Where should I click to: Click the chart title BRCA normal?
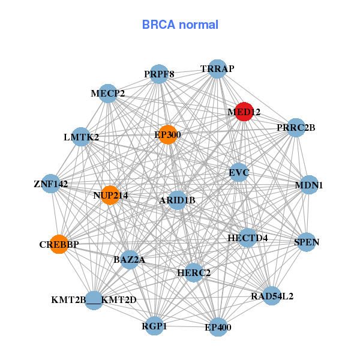pyautogui.click(x=180, y=25)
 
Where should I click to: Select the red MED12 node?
pyautogui.click(x=244, y=112)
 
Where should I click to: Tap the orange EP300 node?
pyautogui.click(x=168, y=134)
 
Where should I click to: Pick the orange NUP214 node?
pyautogui.click(x=110, y=195)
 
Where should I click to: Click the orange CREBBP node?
pyautogui.click(x=59, y=244)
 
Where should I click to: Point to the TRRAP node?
pyautogui.click(x=217, y=69)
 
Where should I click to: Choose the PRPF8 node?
pyautogui.click(x=159, y=74)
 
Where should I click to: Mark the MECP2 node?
pyautogui.click(x=108, y=94)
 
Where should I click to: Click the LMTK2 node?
pyautogui.click(x=81, y=137)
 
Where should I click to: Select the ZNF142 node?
pyautogui.click(x=50, y=184)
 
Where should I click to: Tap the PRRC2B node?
pyautogui.click(x=295, y=127)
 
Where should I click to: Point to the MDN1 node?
pyautogui.click(x=308, y=185)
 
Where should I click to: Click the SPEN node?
pyautogui.click(x=307, y=242)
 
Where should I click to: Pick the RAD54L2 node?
pyautogui.click(x=272, y=296)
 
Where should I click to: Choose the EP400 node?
pyautogui.click(x=218, y=327)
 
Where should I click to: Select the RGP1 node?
pyautogui.click(x=155, y=326)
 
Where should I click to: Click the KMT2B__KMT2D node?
pyautogui.click(x=94, y=299)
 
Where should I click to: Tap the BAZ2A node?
pyautogui.click(x=130, y=260)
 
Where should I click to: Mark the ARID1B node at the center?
pyautogui.click(x=177, y=200)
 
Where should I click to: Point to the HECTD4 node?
pyautogui.click(x=247, y=238)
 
